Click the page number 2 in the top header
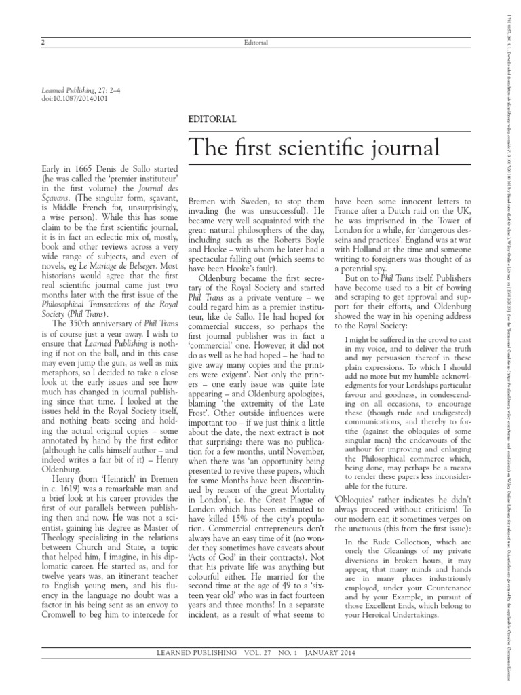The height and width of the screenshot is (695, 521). (x=43, y=43)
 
